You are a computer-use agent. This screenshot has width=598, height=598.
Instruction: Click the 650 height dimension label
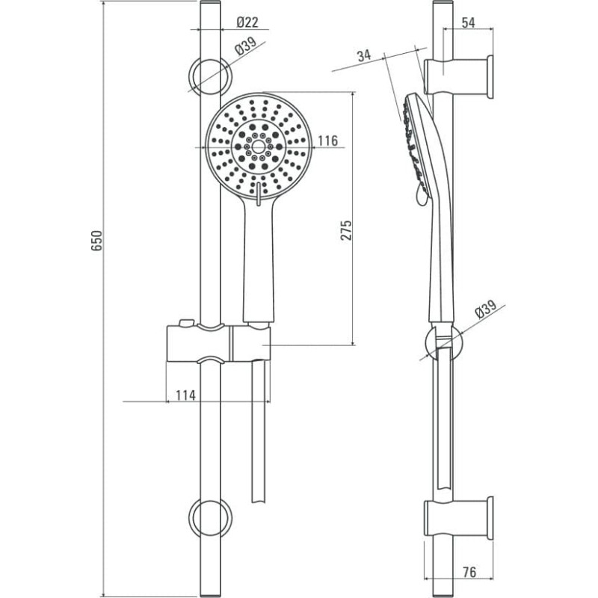[97, 240]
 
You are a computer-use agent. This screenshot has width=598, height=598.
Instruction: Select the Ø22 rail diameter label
[247, 22]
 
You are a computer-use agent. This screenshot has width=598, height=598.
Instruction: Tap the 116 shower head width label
[328, 141]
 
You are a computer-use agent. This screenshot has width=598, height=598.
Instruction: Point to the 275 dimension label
[346, 230]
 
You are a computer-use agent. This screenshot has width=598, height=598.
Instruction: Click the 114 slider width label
[185, 395]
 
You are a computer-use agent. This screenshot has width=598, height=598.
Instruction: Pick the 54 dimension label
[469, 23]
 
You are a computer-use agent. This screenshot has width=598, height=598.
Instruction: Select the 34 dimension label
[364, 55]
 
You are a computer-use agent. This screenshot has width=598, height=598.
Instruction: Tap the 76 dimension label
[469, 572]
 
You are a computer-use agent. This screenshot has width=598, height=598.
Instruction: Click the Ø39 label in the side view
[486, 309]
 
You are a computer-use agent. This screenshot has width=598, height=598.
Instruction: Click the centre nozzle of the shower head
[259, 147]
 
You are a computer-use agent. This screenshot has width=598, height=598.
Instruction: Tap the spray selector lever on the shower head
[258, 194]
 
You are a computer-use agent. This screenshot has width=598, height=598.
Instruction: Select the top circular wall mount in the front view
[210, 76]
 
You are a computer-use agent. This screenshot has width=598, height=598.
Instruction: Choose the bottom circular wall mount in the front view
[210, 517]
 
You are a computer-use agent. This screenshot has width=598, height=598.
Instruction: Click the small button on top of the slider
[186, 323]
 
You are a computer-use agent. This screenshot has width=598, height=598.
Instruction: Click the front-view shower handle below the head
[259, 259]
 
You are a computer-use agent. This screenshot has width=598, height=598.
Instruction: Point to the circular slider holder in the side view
[443, 342]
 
